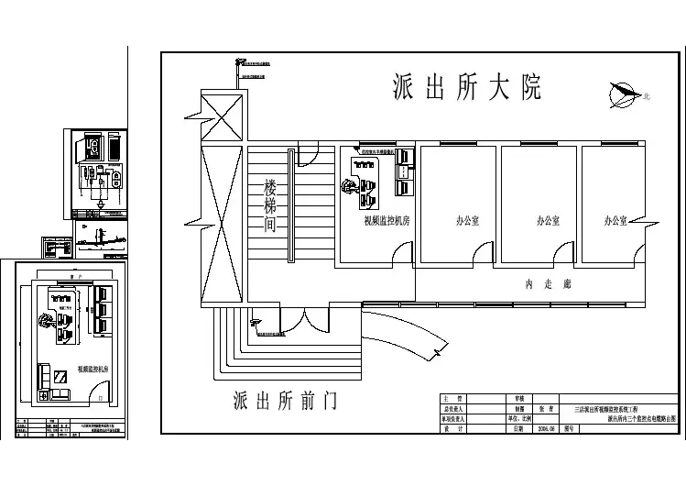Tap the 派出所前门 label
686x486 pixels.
click(287, 401)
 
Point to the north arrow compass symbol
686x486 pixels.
click(626, 93)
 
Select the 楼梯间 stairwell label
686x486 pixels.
click(270, 204)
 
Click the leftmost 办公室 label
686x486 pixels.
click(470, 221)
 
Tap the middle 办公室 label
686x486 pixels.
click(549, 221)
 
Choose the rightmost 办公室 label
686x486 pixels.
click(615, 221)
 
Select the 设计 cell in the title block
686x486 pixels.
click(448, 427)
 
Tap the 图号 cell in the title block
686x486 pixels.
click(568, 427)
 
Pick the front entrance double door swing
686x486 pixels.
click(302, 321)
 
